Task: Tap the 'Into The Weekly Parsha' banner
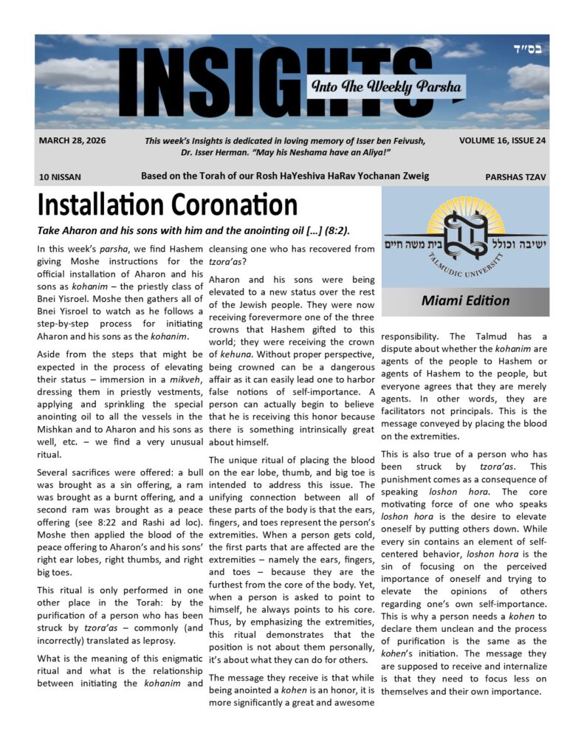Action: pyautogui.click(x=386, y=87)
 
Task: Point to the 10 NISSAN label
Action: pyautogui.click(x=61, y=177)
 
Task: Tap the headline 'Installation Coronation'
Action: pyautogui.click(x=168, y=205)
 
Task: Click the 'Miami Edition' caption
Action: pyautogui.click(x=465, y=300)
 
